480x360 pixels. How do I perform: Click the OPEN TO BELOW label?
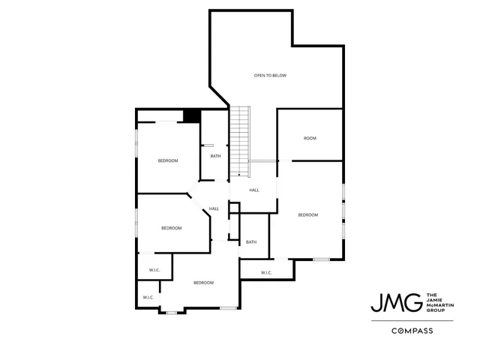270,75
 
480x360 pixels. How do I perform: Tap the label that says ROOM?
310,138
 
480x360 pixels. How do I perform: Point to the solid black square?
192,115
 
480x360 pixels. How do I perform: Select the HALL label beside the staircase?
254,190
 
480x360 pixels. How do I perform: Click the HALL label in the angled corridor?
214,208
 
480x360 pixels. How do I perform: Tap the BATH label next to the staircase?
215,156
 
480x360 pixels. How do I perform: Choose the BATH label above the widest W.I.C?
251,241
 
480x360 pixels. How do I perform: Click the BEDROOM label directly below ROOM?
308,215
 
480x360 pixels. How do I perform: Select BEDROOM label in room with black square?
168,160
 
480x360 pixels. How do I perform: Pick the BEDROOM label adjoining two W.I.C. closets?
204,282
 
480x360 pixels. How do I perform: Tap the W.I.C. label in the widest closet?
267,272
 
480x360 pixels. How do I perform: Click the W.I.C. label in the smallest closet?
148,298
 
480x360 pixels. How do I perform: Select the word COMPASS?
412,330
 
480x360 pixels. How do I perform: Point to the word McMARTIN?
440,303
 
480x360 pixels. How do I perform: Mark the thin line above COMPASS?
412,320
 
